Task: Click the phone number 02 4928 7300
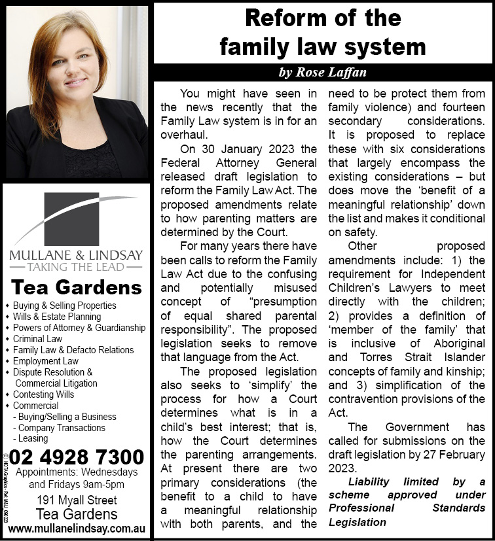(x=77, y=457)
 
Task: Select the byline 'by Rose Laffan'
(x=322, y=72)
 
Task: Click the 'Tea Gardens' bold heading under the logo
(x=77, y=288)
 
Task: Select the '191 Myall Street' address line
(x=73, y=500)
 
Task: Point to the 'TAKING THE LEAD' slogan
(x=75, y=267)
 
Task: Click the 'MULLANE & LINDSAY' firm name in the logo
(x=75, y=254)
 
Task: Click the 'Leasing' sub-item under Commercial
(x=32, y=439)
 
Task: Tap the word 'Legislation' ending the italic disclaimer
(x=357, y=523)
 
